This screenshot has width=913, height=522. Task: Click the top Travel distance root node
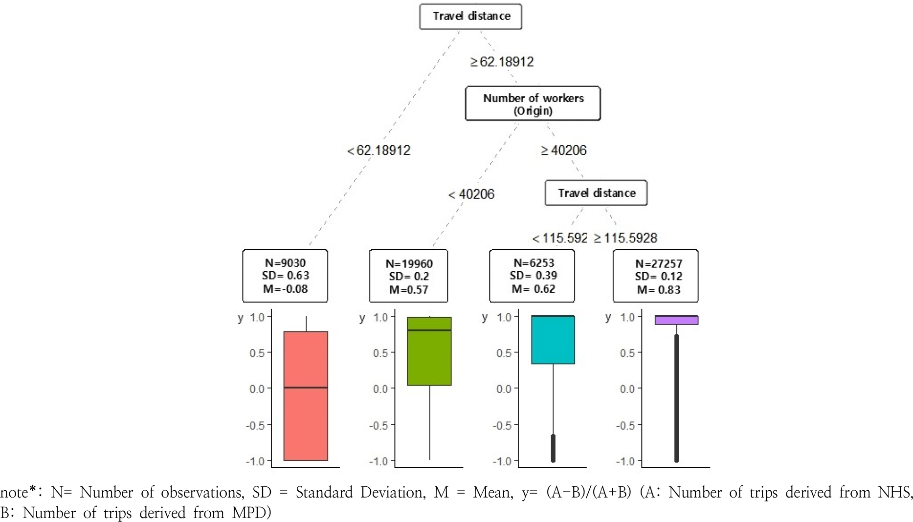471,17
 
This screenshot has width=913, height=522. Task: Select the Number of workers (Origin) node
533,104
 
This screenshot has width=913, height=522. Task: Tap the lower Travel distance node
596,193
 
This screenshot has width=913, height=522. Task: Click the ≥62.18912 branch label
502,62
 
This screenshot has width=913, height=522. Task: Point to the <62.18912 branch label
379,150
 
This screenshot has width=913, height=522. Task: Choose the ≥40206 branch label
563,150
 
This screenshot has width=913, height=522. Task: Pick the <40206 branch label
471,195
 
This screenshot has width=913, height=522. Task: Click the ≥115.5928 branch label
625,238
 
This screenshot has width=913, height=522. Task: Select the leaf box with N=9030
285,276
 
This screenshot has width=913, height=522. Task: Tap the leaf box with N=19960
409,276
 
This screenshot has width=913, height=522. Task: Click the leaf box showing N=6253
532,276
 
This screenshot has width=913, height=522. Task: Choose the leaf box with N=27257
655,276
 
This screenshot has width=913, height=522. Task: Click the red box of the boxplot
306,420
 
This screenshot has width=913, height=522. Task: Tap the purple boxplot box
676,321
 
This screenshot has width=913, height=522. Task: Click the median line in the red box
306,388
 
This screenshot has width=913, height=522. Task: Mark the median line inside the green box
429,330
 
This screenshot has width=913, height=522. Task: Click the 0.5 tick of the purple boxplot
628,353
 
